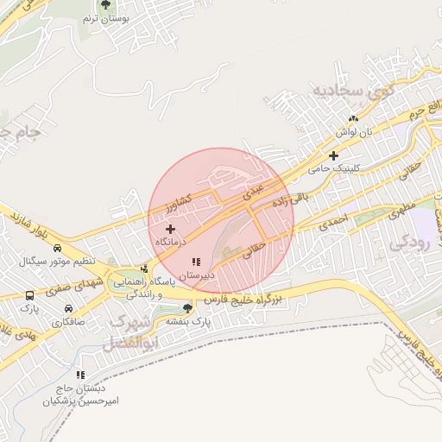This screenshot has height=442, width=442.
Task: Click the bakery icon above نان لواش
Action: point(352,119)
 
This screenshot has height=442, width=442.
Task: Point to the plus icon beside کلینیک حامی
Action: point(332,155)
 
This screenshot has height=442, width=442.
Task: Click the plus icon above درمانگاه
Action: point(170,230)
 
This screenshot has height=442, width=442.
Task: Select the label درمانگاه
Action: point(173,243)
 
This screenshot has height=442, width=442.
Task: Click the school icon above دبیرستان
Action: point(195,260)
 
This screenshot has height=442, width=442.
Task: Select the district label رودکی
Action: point(409,243)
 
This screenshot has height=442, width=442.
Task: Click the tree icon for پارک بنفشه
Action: point(187,308)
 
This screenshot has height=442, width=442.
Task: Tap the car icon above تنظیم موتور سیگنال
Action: point(58,249)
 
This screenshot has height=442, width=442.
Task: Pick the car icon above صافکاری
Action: point(68,309)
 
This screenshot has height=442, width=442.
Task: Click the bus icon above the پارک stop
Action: point(30,295)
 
